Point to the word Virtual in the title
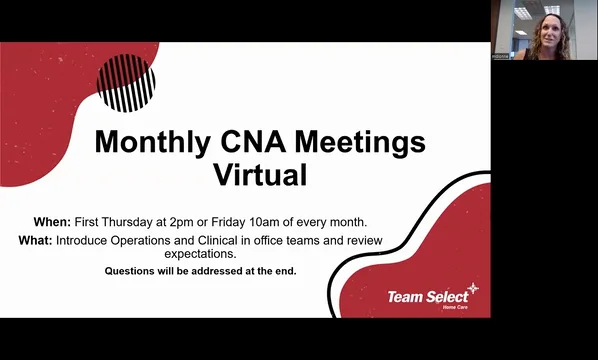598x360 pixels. click(x=260, y=175)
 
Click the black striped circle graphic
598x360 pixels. click(x=125, y=82)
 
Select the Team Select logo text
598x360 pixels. click(x=426, y=296)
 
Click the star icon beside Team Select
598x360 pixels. click(x=473, y=289)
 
